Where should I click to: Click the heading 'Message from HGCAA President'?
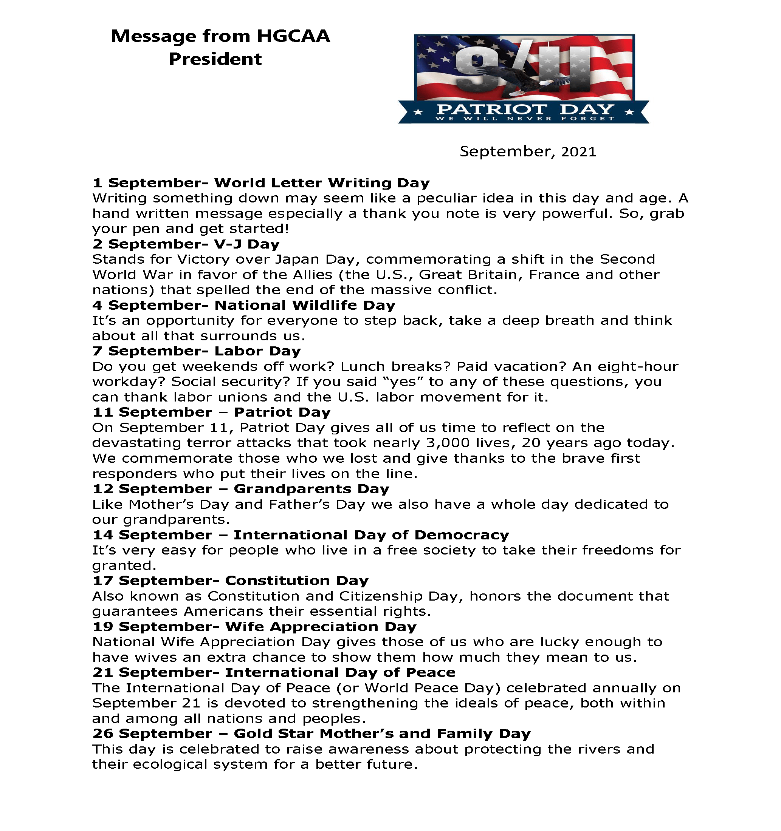pyautogui.click(x=220, y=47)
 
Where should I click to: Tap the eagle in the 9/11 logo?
pyautogui.click(x=519, y=79)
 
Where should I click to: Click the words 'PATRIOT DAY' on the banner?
pyautogui.click(x=525, y=110)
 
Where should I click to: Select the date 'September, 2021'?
pyautogui.click(x=527, y=151)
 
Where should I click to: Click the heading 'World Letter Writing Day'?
pyautogui.click(x=322, y=183)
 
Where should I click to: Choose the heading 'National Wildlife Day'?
pyautogui.click(x=305, y=305)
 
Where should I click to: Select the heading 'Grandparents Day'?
pyautogui.click(x=311, y=489)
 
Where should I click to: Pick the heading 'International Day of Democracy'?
pyautogui.click(x=371, y=534)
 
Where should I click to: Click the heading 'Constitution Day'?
pyautogui.click(x=297, y=581)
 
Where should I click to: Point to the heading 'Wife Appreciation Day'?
pyautogui.click(x=321, y=627)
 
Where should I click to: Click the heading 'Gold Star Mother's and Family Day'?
pyautogui.click(x=382, y=734)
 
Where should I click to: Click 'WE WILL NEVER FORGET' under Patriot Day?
pyautogui.click(x=525, y=118)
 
